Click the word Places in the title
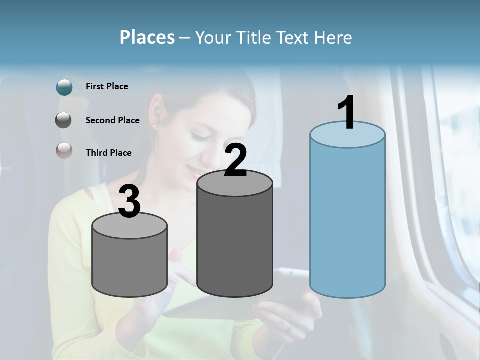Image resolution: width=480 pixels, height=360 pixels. [147, 37]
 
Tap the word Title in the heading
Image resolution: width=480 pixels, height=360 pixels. [251, 37]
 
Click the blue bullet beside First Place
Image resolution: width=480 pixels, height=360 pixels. [64, 87]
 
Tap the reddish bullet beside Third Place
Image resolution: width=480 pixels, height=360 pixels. [64, 150]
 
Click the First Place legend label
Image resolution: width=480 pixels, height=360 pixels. [107, 86]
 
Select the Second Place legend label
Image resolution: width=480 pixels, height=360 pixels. [112, 120]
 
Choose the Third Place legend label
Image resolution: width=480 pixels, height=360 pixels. [108, 153]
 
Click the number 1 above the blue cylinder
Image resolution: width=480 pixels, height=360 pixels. [347, 113]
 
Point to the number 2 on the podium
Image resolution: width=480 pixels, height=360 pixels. [235, 160]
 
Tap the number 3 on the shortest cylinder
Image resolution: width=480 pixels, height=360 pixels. [130, 201]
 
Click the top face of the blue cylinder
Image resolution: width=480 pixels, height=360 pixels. [347, 135]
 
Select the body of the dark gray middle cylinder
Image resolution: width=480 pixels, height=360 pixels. [235, 240]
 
